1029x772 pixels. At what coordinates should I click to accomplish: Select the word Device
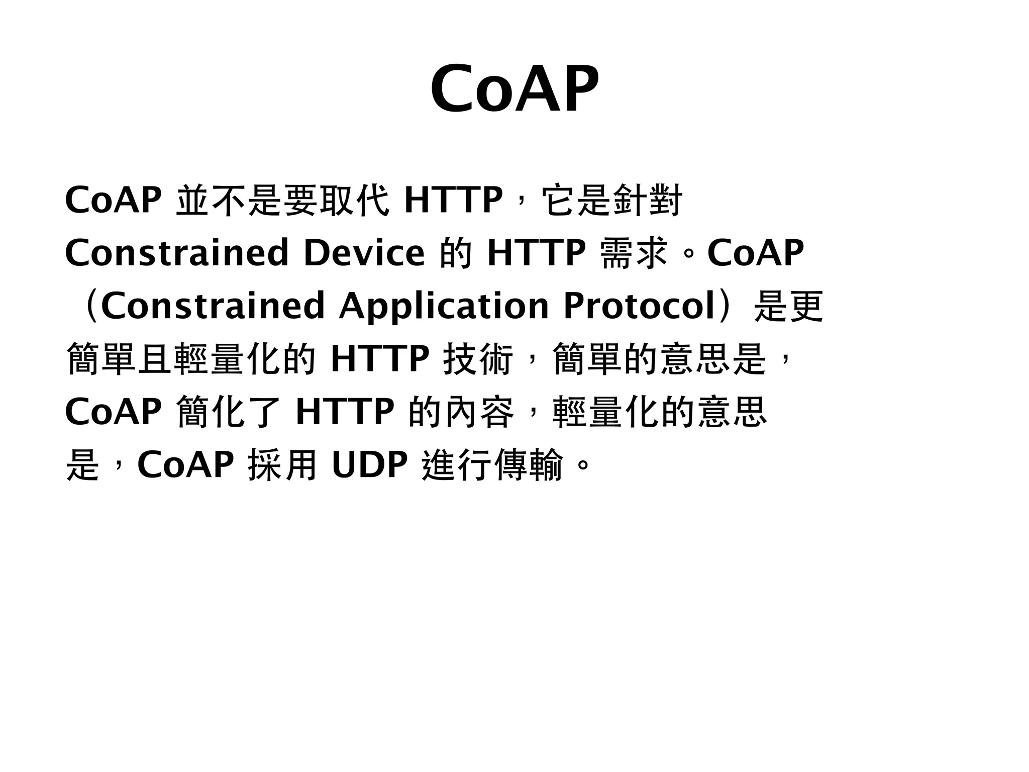pyautogui.click(x=364, y=253)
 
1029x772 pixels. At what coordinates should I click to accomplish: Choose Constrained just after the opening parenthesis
pyautogui.click(x=213, y=306)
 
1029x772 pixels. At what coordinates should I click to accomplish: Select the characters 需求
pyautogui.click(x=634, y=253)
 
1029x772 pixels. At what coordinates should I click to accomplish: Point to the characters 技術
pyautogui.click(x=478, y=359)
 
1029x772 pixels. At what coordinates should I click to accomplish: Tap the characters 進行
pyautogui.click(x=457, y=465)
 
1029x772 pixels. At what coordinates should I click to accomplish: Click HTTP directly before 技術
pyautogui.click(x=380, y=359)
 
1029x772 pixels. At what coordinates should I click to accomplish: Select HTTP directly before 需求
pyautogui.click(x=536, y=253)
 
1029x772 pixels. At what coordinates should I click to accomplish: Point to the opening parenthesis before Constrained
pyautogui.click(x=90, y=306)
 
